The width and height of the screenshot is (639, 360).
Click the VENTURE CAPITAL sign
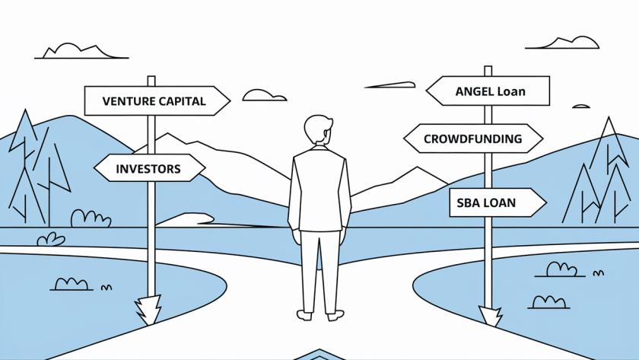[155, 100]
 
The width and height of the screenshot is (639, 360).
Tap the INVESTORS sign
[149, 167]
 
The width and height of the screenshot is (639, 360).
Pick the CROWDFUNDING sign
[472, 139]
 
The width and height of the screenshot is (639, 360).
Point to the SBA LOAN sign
[494, 203]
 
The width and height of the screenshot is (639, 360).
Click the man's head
[319, 131]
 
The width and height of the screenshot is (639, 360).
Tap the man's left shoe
[305, 314]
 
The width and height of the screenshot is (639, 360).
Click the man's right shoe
[335, 314]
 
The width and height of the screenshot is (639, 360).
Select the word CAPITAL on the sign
[182, 101]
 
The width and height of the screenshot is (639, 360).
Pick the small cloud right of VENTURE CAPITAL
[264, 95]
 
